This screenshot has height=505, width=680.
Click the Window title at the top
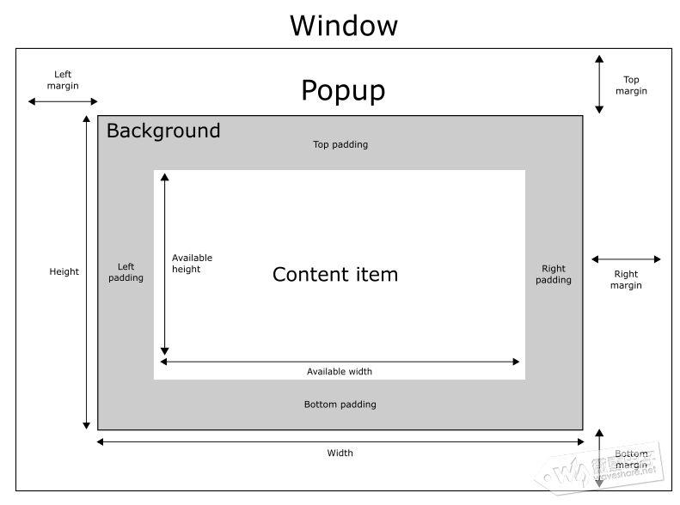coord(343,24)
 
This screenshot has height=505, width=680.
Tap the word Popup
coord(343,90)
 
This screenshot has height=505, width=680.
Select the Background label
coord(163,131)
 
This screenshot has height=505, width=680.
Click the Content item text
coord(335,275)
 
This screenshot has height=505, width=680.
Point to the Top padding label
coord(340,144)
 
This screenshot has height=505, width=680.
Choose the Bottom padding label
coord(340,405)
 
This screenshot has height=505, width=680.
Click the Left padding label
coord(126,272)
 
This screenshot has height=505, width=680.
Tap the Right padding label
coord(554,274)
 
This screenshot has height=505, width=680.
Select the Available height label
coord(191,264)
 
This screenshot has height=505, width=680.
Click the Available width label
coord(340,372)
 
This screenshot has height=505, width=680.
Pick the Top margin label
coord(631,85)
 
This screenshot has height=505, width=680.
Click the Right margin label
coord(626,280)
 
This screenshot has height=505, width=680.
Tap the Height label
coord(64,272)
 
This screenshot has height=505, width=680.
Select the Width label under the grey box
coord(340,453)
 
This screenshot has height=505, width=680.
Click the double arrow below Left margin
coord(63,101)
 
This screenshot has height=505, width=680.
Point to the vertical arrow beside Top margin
coord(599,83)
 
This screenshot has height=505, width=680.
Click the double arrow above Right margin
coord(625,259)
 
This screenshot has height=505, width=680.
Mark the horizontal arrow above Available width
coord(340,362)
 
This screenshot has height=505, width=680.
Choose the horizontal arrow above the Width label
coord(340,441)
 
